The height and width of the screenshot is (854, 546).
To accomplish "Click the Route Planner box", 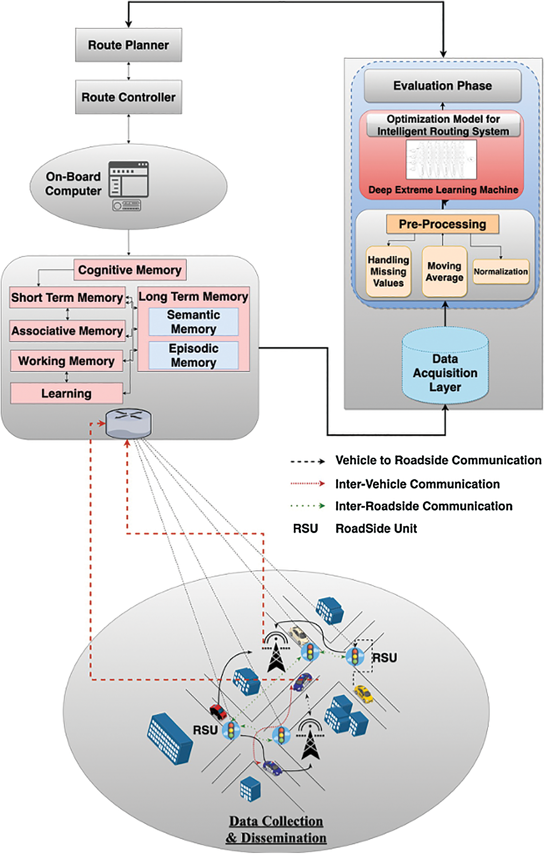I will [128, 45].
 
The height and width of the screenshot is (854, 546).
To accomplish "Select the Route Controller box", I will [128, 97].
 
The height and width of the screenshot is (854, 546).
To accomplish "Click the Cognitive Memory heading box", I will [130, 270].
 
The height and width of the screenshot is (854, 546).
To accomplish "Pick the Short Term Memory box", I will [67, 298].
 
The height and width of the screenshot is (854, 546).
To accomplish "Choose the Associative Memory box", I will [67, 331].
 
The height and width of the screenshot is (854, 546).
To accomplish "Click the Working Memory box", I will [66, 361].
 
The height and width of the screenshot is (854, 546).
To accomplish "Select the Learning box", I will [66, 393].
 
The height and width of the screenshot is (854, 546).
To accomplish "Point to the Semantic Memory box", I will [193, 322].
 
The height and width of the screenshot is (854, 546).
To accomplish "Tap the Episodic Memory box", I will [193, 355].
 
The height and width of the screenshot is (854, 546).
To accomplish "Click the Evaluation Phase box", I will [443, 86].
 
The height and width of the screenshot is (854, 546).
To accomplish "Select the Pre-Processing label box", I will [442, 224].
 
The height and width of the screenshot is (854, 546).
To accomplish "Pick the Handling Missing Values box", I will [388, 271].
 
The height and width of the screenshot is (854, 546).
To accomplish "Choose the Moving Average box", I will [444, 271].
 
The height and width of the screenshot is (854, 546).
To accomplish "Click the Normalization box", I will [500, 272].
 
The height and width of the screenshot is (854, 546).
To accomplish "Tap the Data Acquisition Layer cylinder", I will [445, 368].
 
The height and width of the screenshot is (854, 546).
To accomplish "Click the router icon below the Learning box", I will [128, 423].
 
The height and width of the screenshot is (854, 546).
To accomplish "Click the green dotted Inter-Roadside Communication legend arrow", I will [307, 506].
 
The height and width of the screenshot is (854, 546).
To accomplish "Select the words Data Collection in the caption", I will [276, 821].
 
